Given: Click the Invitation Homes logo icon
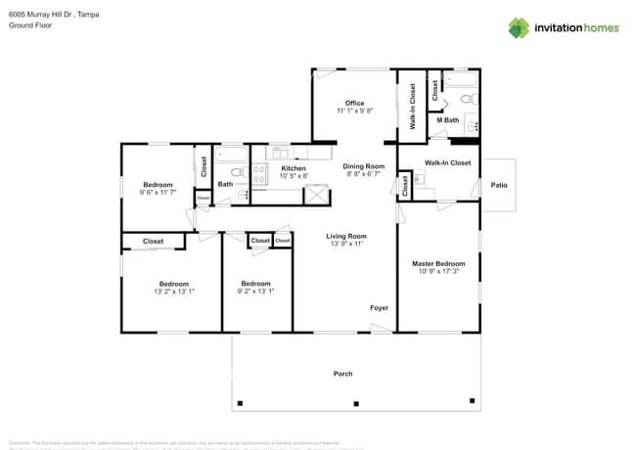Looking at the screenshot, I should (519, 27).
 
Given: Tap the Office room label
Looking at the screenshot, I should (354, 103).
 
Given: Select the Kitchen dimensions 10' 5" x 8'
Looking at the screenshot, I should (294, 176).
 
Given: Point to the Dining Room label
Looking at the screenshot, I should (363, 166).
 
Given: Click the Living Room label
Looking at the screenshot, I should (346, 236).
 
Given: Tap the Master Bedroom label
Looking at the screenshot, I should (437, 263).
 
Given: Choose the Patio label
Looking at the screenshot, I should (499, 184).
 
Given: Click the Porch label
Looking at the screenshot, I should (343, 374).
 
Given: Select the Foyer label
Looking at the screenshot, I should (379, 308).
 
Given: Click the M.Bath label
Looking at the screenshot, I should (448, 120).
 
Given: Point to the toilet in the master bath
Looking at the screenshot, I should (467, 99).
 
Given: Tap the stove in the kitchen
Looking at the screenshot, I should (260, 174).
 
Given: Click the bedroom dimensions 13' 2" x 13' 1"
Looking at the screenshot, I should (174, 292).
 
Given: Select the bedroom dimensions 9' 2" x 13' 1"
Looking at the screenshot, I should (256, 292).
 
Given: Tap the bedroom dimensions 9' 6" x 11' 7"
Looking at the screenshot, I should (158, 193).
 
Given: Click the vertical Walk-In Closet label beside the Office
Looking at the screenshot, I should (413, 106).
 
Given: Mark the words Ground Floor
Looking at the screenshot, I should (31, 26).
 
